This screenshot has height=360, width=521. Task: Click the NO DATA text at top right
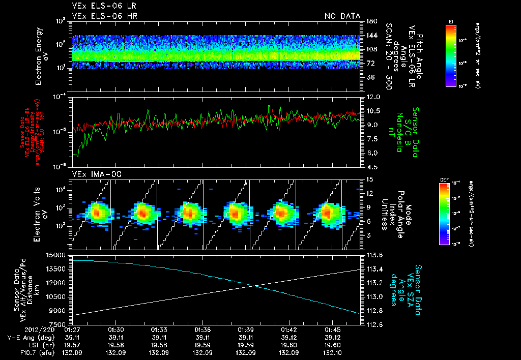coord(342,16)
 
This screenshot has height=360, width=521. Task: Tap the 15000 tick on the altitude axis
coord(56,255)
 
